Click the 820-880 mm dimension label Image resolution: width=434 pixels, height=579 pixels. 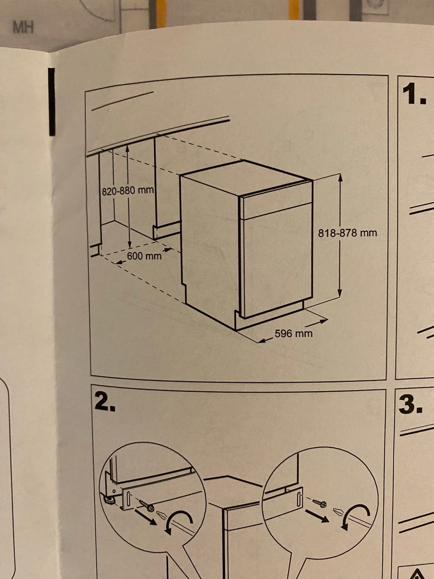coord(128,191)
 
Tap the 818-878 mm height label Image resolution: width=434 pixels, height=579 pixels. coord(347,233)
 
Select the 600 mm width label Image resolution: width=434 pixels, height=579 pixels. coord(144,256)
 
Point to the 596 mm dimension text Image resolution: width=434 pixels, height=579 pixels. coord(293,333)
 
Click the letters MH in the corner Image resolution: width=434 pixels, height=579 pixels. coord(23,27)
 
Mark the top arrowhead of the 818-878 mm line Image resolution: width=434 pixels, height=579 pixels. coord(340,177)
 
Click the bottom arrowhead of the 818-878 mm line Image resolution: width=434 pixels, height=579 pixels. coord(340,293)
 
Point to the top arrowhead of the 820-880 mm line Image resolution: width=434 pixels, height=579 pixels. coord(127,148)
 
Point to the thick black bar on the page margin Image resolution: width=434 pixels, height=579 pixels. coord(52,102)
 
